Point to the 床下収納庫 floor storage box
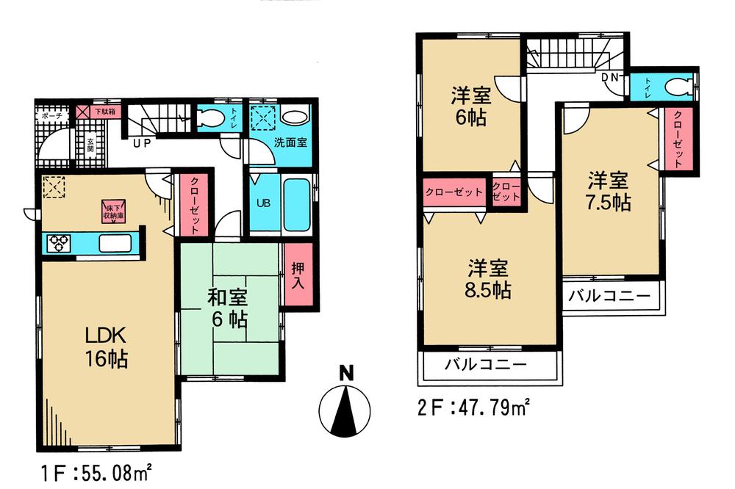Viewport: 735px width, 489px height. point(112,212)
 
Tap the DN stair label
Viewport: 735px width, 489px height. point(610,77)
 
